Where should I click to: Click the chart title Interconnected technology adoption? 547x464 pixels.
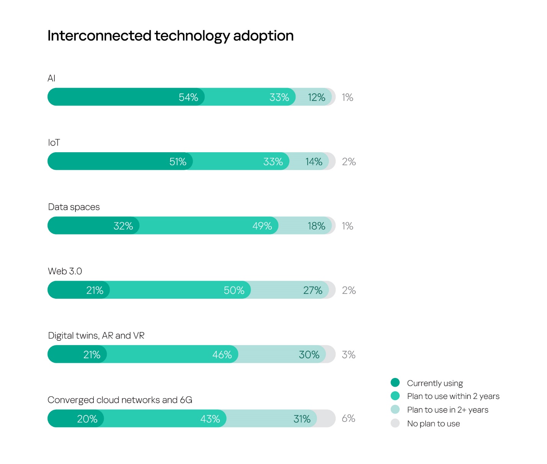(170, 36)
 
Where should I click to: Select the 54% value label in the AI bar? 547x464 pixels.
(188, 97)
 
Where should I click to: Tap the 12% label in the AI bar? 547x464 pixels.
(317, 97)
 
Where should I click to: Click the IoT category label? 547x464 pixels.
(54, 143)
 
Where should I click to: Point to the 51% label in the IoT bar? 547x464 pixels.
(178, 161)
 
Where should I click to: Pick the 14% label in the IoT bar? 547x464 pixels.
(314, 161)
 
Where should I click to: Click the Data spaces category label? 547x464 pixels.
(74, 207)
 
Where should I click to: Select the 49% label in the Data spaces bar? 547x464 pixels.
(262, 226)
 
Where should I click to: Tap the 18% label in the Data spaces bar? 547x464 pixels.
(317, 226)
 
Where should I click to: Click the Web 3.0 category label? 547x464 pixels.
(65, 271)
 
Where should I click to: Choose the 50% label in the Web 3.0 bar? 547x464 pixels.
(234, 290)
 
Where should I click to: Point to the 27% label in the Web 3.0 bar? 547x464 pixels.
(313, 290)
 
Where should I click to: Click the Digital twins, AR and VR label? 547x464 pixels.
(96, 335)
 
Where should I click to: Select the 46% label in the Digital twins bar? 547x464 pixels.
(222, 355)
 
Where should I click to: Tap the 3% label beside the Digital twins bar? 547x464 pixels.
(349, 355)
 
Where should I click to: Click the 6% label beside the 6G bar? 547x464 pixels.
(349, 418)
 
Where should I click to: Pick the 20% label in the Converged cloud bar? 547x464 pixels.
(87, 419)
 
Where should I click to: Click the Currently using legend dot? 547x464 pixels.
(395, 383)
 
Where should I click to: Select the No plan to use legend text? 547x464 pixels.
(433, 423)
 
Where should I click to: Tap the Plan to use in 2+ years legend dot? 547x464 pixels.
(395, 410)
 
